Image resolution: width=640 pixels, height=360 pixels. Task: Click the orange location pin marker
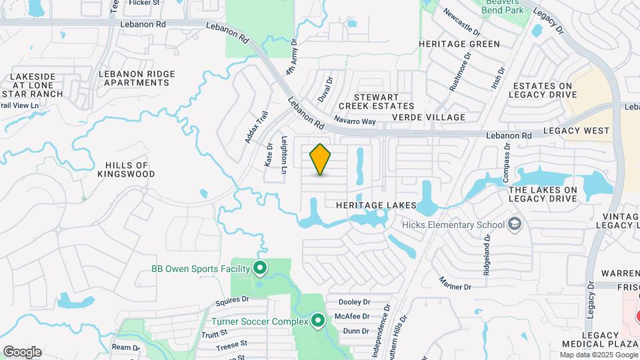[321, 159]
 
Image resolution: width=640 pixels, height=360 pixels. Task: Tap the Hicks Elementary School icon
[514, 224]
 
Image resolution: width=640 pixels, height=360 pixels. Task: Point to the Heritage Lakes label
[371, 205]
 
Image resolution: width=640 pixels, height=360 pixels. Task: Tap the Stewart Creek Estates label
[376, 101]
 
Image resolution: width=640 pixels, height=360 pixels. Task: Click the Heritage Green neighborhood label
[459, 44]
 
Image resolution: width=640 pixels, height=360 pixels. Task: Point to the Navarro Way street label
[355, 121]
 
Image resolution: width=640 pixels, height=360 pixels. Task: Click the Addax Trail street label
[256, 127]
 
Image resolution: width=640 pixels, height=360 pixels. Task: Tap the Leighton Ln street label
[284, 155]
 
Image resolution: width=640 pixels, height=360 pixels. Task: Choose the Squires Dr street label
[232, 301]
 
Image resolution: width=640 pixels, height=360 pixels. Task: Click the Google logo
[22, 352]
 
